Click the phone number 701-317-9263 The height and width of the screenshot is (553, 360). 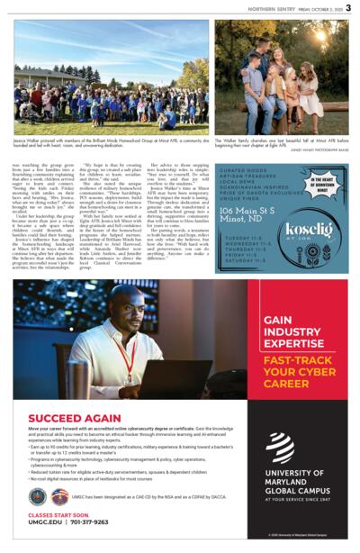point(91,521)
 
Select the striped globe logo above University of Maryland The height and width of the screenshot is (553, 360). point(281,447)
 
